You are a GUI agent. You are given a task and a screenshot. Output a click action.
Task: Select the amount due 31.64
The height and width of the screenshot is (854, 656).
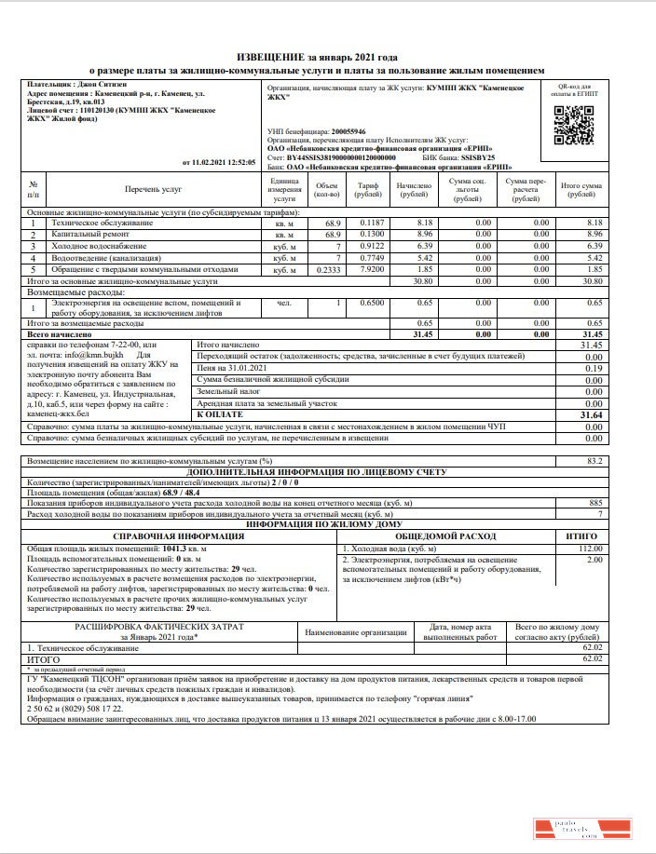pos(591,414)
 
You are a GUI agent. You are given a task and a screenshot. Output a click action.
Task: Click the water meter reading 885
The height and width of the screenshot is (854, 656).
pos(595,503)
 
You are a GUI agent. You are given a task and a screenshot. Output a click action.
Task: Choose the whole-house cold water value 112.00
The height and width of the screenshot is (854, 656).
pos(591,549)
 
